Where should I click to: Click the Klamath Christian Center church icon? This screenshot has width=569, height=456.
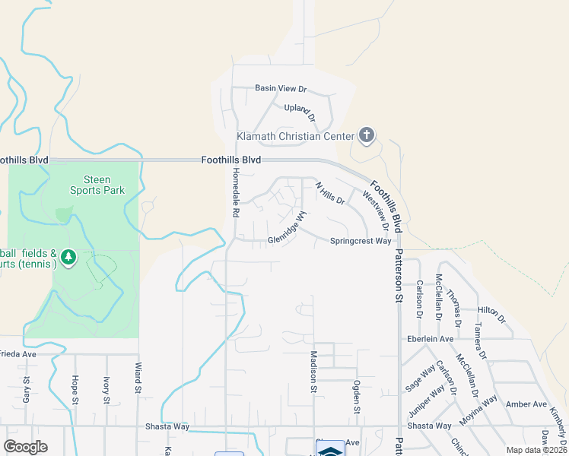(x=366, y=136)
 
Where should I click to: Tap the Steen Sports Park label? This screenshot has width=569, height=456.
(x=97, y=185)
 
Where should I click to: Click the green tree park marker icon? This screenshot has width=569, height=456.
(x=68, y=258)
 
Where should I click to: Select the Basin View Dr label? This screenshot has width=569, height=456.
(x=280, y=88)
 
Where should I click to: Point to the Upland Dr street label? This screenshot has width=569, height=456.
(x=300, y=112)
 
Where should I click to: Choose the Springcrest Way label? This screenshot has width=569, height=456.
(x=361, y=241)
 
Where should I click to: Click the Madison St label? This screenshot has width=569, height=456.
(x=313, y=372)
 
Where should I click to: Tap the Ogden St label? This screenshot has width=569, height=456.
(x=355, y=397)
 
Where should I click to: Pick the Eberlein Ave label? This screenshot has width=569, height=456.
(x=431, y=339)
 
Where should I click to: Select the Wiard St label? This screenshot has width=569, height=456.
(x=139, y=378)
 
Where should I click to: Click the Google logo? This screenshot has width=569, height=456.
(x=26, y=447)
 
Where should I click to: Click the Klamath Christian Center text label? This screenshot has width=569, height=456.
(x=296, y=137)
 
